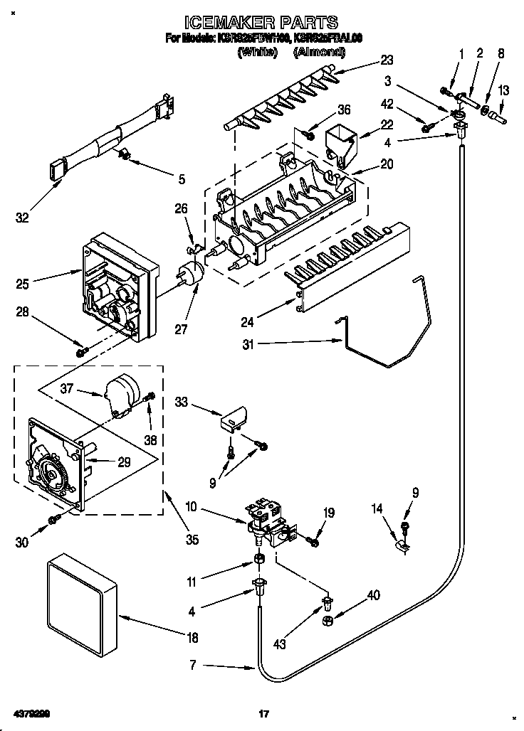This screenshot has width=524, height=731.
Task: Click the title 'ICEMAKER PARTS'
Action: point(261,22)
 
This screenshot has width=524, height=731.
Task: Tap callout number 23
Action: point(387,60)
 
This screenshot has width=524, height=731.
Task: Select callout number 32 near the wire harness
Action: point(23,218)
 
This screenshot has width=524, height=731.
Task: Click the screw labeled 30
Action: point(53,521)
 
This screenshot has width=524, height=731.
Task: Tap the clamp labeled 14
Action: point(402,546)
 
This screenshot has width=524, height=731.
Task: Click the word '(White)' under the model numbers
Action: point(257,52)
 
